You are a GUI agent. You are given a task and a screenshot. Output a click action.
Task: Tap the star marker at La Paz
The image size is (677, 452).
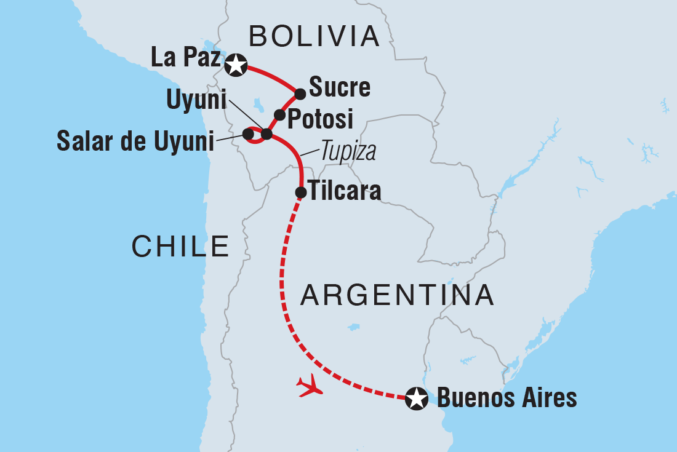(235, 65)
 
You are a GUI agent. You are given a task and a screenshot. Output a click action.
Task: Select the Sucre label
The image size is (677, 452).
(340, 88)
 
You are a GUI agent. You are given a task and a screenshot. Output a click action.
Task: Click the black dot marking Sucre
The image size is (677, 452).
(300, 94)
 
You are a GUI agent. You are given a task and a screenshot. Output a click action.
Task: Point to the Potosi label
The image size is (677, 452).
(321, 119)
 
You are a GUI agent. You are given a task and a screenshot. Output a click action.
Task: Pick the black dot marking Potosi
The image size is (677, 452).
(279, 115)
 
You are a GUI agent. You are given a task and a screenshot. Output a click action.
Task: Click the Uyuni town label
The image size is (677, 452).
(196, 100)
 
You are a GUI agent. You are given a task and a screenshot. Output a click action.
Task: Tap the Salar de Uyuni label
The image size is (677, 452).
(135, 141)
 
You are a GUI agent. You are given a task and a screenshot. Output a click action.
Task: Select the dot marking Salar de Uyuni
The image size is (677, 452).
(249, 133)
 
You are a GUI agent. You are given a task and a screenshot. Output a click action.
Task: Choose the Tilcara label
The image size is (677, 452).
(345, 192)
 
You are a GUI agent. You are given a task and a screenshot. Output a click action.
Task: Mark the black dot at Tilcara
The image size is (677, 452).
(301, 192)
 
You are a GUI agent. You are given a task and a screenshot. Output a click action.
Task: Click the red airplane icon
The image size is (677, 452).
(310, 386)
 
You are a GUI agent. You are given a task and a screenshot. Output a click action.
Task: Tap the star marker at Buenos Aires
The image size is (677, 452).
(417, 398)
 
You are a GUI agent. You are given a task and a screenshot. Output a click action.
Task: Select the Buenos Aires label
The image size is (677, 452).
(506, 398)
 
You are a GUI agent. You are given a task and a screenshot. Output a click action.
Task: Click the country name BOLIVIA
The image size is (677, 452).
(313, 37)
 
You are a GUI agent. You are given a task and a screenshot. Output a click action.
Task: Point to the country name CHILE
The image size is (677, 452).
(180, 247)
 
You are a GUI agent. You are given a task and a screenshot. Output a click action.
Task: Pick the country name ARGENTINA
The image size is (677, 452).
(397, 296)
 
